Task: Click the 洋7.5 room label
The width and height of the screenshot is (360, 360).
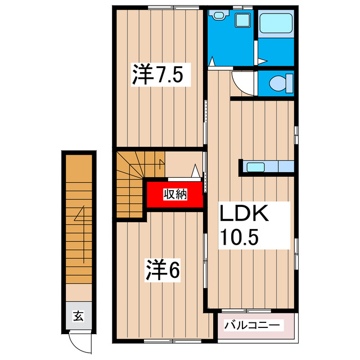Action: click(x=158, y=74)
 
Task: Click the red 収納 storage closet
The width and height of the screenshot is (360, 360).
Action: click(x=174, y=195)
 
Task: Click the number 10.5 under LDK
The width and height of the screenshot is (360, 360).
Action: click(x=238, y=237)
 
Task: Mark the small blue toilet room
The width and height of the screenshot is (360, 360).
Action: click(x=276, y=83)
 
